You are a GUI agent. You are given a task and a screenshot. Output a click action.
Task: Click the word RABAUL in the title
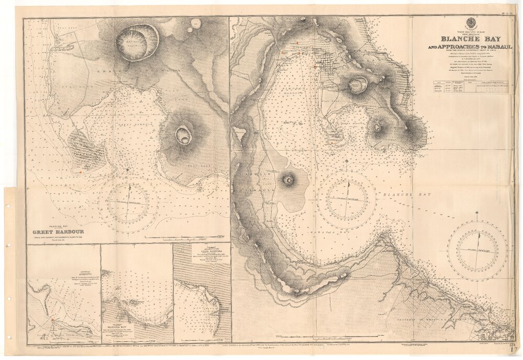[496, 47]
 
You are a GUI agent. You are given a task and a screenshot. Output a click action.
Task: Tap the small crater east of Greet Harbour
[184, 135]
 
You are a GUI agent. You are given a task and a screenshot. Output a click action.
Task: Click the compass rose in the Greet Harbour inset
[128, 203]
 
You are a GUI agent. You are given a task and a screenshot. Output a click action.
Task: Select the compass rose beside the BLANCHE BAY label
[346, 200]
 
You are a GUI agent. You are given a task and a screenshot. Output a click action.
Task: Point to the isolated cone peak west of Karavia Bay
[288, 180]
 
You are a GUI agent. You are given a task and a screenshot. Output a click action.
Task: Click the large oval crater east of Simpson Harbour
[358, 84]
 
